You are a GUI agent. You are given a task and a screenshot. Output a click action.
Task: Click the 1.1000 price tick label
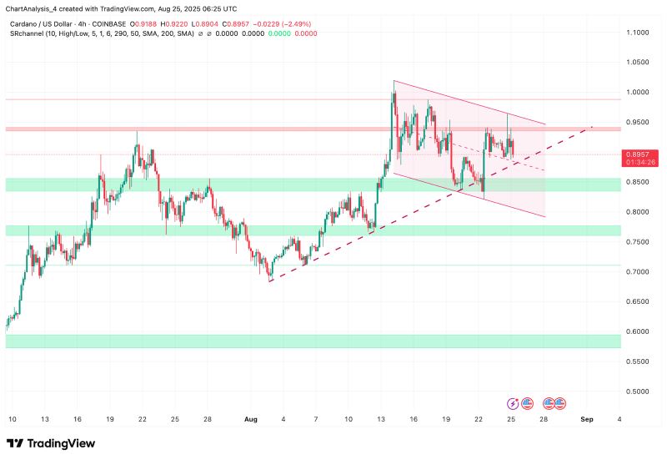click(638, 33)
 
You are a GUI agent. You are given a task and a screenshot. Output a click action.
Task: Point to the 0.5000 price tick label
click(638, 392)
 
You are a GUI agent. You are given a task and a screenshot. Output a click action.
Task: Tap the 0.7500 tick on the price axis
click(638, 242)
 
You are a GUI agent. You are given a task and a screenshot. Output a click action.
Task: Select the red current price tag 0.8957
click(638, 154)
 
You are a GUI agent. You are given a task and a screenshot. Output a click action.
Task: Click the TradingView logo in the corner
click(51, 443)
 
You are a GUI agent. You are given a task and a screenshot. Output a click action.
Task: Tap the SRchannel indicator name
click(28, 33)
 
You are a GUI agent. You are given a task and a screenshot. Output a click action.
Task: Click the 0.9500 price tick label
click(638, 122)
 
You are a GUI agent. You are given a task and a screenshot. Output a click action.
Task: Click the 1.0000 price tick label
click(638, 93)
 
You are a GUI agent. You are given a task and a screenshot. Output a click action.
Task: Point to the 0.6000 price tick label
click(638, 331)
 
